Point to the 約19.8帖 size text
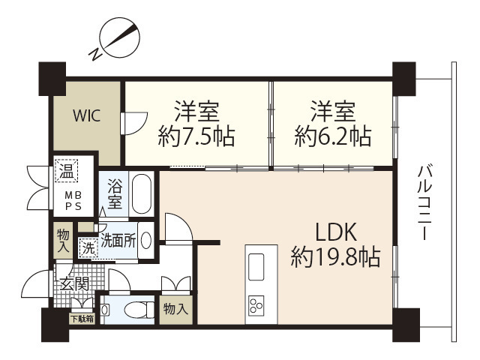tap(334, 259)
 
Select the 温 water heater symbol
tap(66, 172)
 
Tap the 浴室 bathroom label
tap(115, 193)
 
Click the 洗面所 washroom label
tap(118, 241)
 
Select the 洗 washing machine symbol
tap(89, 246)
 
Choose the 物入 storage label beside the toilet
tap(176, 308)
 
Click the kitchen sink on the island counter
tap(255, 264)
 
